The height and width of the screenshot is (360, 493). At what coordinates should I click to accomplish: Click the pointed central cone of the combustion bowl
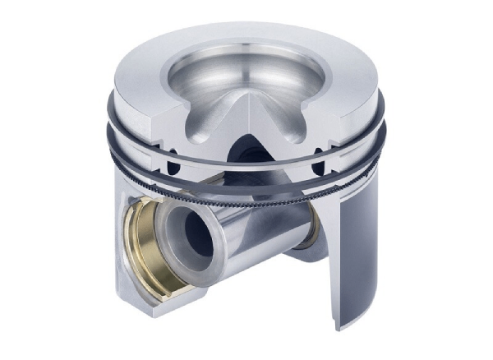click(x=244, y=104)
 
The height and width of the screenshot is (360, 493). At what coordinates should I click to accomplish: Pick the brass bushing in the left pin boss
click(x=141, y=247)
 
